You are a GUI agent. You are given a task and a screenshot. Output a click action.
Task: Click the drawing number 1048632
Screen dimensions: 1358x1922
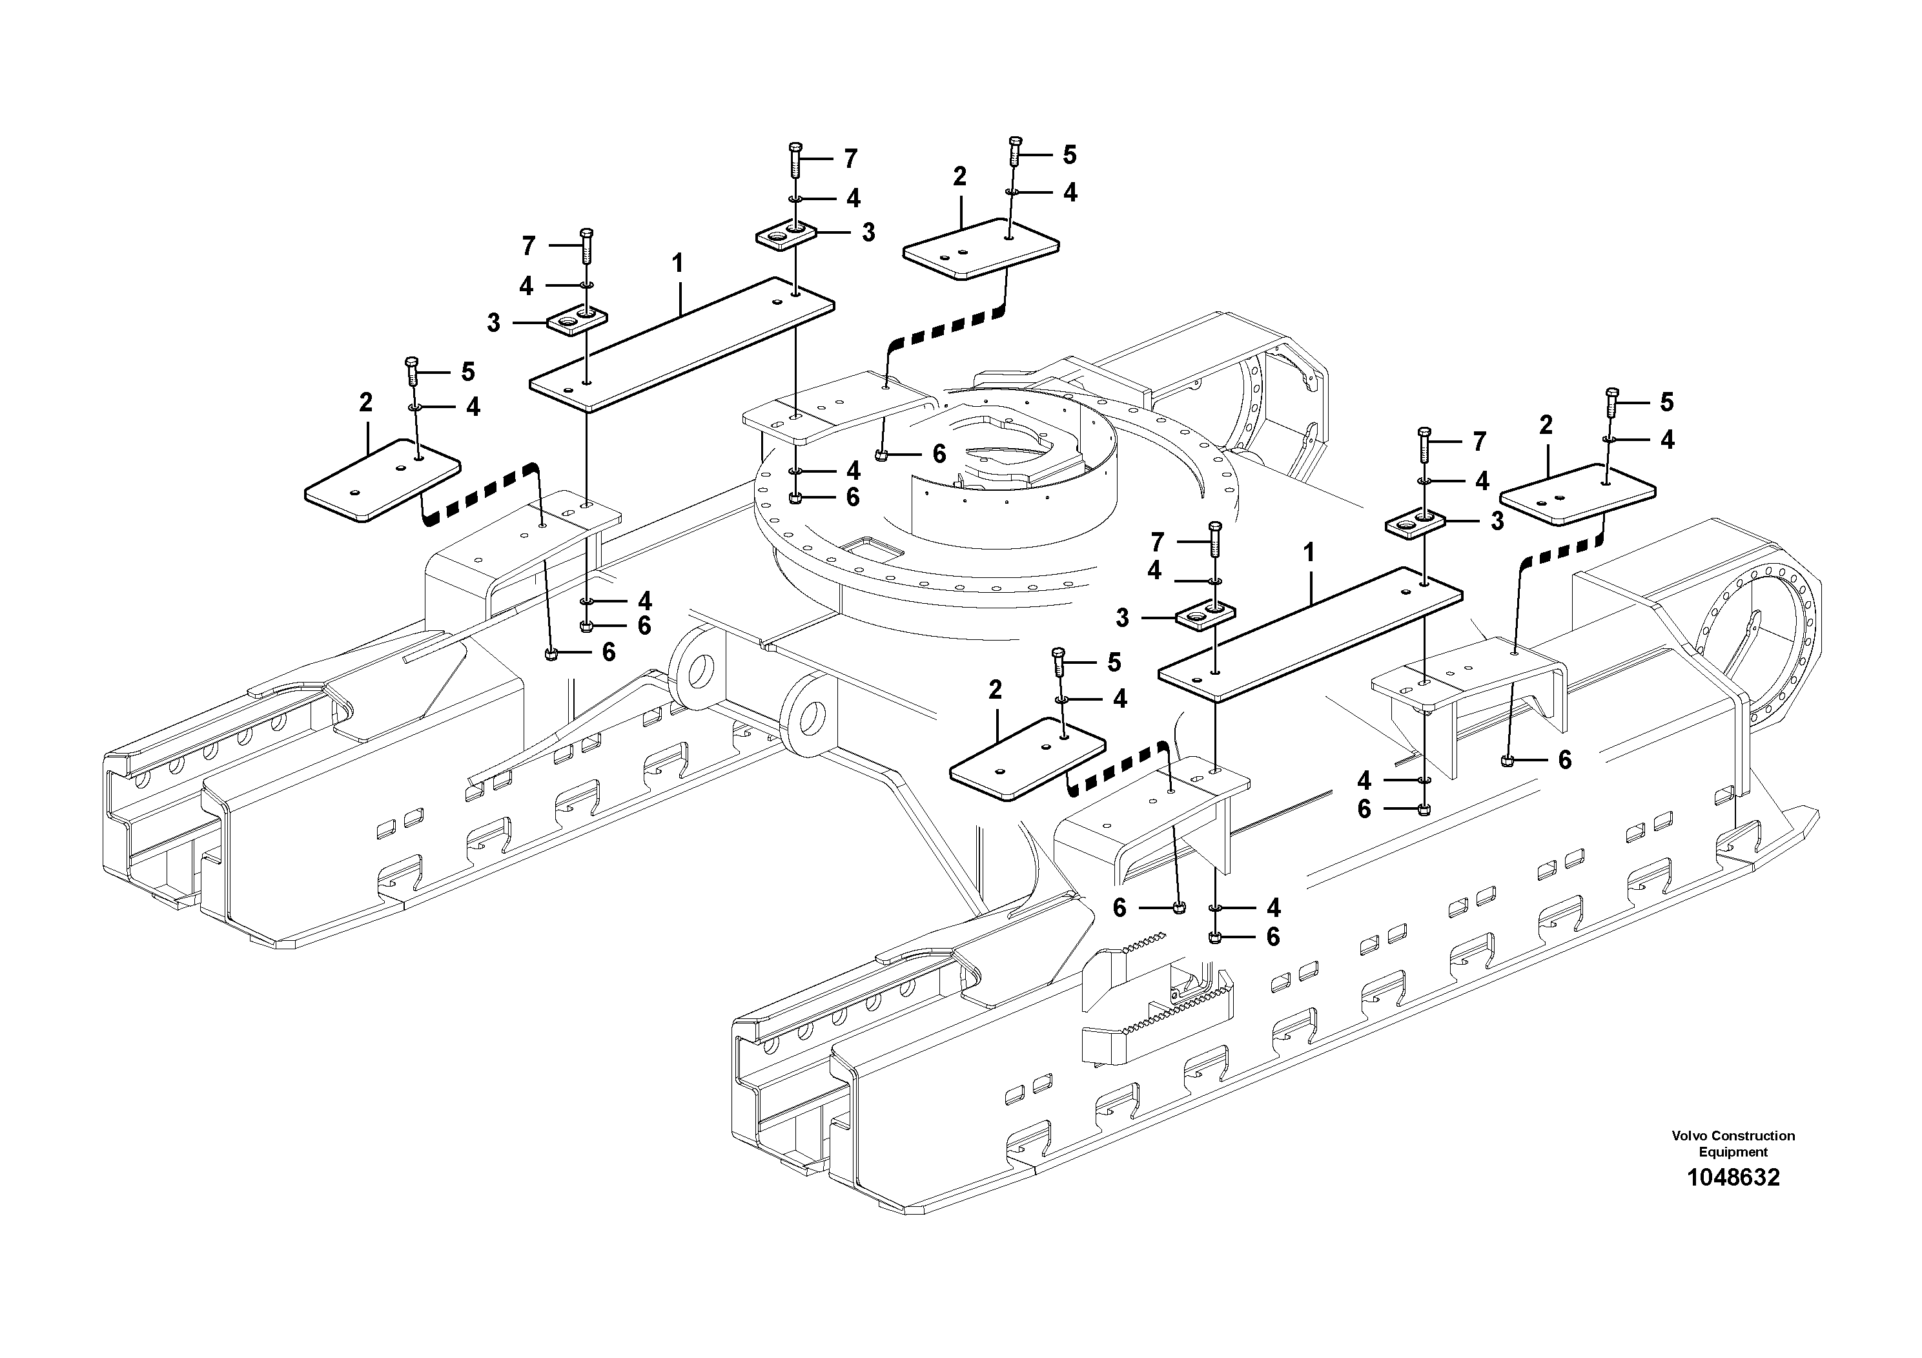click(x=1733, y=1178)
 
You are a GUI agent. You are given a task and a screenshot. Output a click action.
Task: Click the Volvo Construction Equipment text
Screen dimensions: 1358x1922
click(x=1733, y=1144)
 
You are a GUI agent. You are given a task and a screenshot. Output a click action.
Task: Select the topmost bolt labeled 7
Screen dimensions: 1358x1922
click(x=794, y=159)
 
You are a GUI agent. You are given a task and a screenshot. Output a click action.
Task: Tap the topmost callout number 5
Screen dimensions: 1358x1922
click(x=1069, y=155)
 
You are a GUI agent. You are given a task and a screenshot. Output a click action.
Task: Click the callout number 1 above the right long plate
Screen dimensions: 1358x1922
click(x=1309, y=553)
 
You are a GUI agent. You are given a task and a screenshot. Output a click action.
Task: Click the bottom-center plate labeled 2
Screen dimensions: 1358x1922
click(x=1027, y=759)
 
